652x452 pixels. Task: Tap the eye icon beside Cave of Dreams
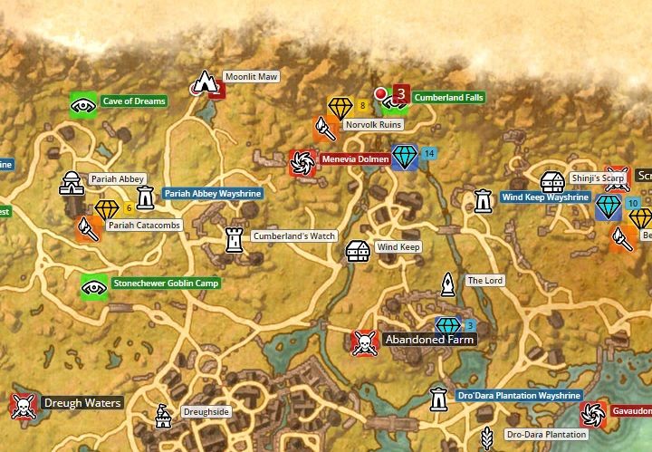(x=83, y=105)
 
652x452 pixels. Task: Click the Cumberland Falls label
(x=448, y=97)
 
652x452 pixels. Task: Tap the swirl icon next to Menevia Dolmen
(x=300, y=162)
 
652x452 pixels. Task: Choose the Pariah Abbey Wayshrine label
(x=213, y=194)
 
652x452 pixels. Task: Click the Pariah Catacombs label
(x=144, y=225)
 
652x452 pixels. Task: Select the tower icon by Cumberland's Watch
(x=235, y=239)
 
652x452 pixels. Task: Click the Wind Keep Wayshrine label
(x=545, y=197)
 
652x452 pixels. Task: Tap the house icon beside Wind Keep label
(x=359, y=250)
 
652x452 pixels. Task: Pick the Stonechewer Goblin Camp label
(x=166, y=284)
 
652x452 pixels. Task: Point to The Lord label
(x=484, y=281)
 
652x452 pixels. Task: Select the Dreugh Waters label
(x=83, y=403)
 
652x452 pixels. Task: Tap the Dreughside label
(x=206, y=411)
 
